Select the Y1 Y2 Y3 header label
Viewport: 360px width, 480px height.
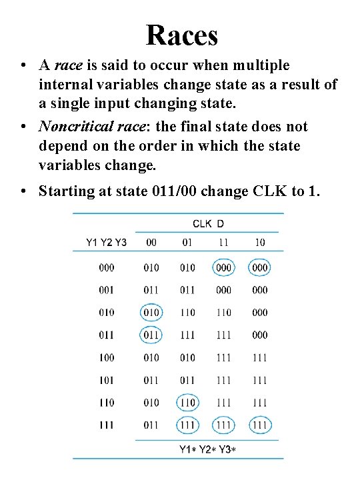(x=107, y=242)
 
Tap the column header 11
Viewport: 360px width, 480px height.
(x=223, y=242)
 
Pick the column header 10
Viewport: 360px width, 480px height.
(x=259, y=242)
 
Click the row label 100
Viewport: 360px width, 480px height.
(x=107, y=358)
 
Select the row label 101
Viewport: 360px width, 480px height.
(x=107, y=380)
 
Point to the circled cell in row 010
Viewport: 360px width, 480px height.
(x=151, y=313)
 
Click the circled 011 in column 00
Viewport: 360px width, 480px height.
(x=151, y=335)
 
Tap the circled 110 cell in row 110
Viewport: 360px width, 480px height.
(x=187, y=403)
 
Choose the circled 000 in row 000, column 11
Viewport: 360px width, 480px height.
(x=223, y=268)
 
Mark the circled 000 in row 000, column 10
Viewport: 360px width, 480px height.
(x=259, y=268)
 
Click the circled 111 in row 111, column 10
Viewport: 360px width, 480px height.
(x=259, y=425)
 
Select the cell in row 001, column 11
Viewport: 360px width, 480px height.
(x=223, y=290)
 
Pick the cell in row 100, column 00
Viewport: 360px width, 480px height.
(x=151, y=358)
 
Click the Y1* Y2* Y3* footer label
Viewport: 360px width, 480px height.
(x=207, y=449)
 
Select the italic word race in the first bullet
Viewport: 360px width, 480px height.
(x=68, y=65)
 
